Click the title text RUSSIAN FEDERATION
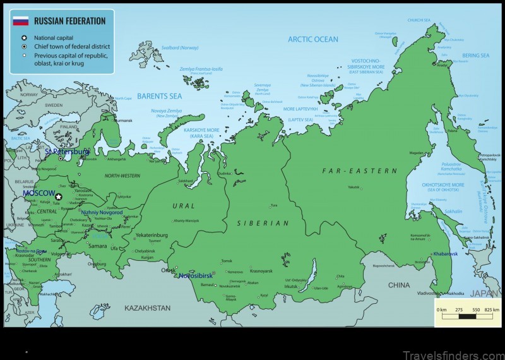click(70, 21)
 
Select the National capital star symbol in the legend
click(23, 37)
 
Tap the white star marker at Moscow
click(59, 197)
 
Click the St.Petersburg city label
click(68, 152)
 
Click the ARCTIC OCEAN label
click(313, 39)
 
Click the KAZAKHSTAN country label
click(147, 308)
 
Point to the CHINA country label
click(398, 285)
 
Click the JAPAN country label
click(485, 293)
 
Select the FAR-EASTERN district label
click(360, 171)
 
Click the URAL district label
click(184, 206)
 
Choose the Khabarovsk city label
click(445, 253)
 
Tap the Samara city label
click(98, 246)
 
